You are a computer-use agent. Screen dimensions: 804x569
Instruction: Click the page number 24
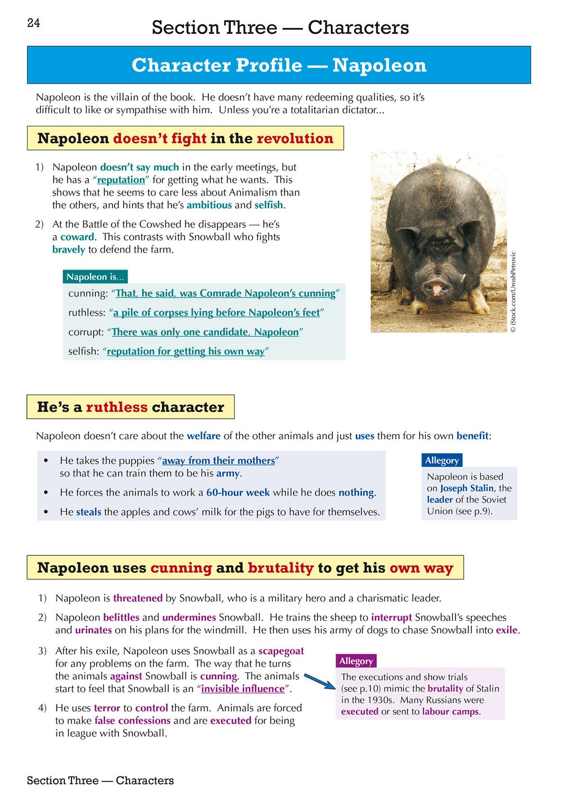(x=34, y=23)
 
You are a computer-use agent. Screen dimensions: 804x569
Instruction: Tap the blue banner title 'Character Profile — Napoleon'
(x=279, y=65)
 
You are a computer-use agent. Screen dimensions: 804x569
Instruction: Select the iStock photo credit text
(x=514, y=291)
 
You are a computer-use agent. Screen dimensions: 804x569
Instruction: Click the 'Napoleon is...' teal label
(x=95, y=277)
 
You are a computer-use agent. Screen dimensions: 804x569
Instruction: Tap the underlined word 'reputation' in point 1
(x=121, y=180)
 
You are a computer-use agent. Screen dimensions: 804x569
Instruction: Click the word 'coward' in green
(x=77, y=237)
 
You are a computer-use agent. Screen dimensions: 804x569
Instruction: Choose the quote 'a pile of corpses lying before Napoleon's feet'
(x=216, y=313)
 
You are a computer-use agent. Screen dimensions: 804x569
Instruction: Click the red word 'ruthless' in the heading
(x=117, y=407)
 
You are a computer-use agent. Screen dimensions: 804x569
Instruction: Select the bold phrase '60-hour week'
(x=238, y=493)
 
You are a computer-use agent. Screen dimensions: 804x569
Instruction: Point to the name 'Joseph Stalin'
(x=467, y=488)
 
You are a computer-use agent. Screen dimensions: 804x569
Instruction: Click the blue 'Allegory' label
(x=441, y=461)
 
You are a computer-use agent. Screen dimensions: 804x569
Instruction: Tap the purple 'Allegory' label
(x=356, y=661)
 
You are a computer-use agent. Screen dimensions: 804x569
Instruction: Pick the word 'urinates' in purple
(x=93, y=630)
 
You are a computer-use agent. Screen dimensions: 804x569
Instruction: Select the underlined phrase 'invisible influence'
(x=242, y=689)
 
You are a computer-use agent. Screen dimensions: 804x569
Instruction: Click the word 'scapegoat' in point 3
(x=281, y=651)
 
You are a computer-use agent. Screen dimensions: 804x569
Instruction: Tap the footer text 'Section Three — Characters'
(x=100, y=780)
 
